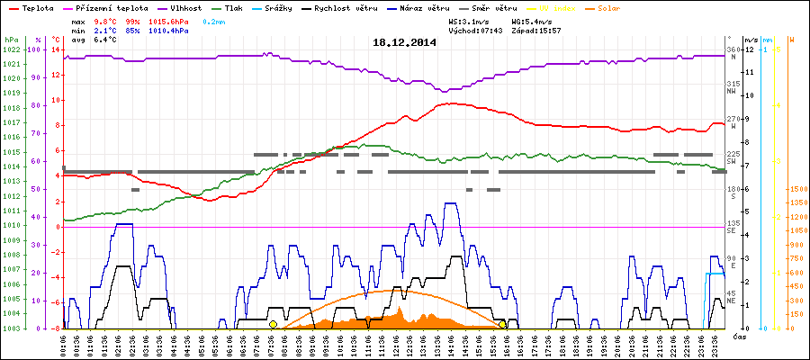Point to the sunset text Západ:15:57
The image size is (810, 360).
pyautogui.click(x=536, y=30)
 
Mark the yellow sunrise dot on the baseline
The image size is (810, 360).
pyautogui.click(x=273, y=324)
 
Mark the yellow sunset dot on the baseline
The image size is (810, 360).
pyautogui.click(x=502, y=324)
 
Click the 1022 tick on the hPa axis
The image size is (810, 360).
pyautogui.click(x=11, y=49)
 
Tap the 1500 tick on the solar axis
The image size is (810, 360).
pyautogui.click(x=774, y=190)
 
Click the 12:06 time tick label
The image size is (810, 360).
pyautogui.click(x=394, y=346)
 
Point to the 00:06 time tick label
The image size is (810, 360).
pyautogui.click(x=64, y=346)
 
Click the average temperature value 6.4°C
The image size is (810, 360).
pyautogui.click(x=106, y=40)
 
